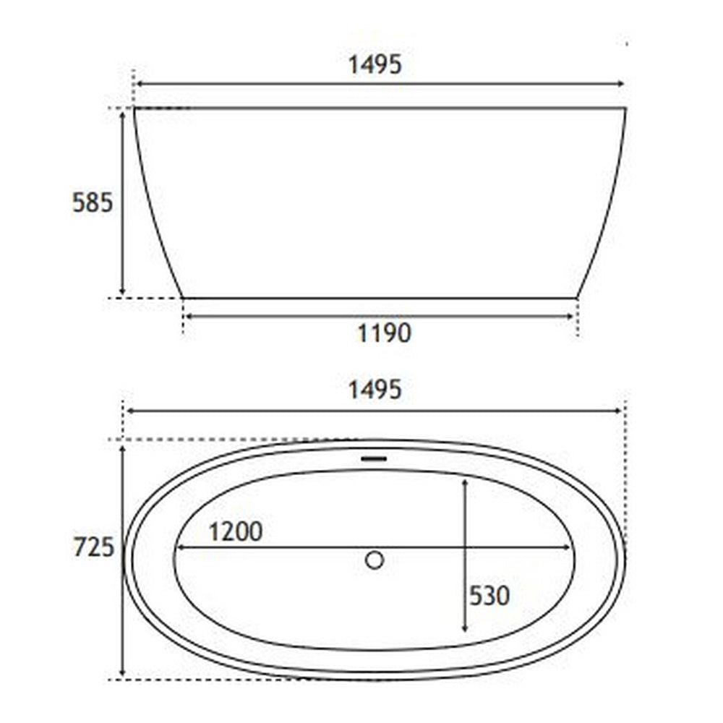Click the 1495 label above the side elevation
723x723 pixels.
375,65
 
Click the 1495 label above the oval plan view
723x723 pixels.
375,390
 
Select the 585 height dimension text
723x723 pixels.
93,204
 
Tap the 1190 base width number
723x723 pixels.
384,333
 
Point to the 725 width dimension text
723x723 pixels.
93,548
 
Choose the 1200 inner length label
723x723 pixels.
236,532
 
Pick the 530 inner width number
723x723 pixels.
489,596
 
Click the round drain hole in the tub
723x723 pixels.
375,560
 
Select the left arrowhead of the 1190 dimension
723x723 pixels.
188,316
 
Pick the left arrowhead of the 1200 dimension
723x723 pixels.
181,547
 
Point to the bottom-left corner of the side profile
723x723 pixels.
182,297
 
